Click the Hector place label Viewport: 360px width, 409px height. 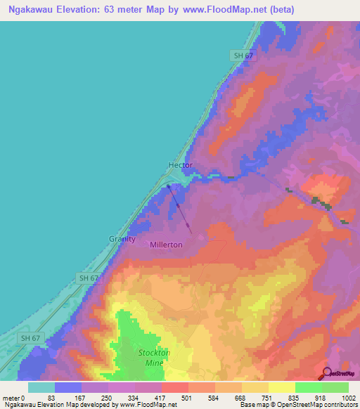180,165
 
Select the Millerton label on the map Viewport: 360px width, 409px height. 166,245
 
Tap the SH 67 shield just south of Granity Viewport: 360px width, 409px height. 88,278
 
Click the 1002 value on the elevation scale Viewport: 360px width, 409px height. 348,397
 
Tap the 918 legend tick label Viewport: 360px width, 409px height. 321,397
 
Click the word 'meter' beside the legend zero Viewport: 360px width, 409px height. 12,397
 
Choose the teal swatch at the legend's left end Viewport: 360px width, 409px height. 41,387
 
